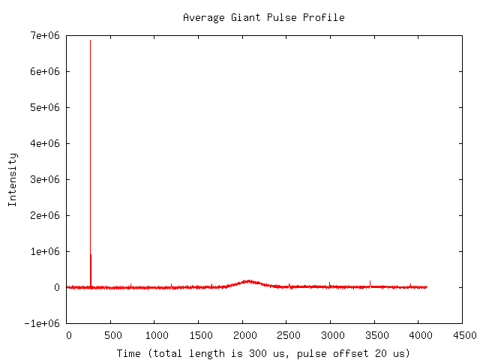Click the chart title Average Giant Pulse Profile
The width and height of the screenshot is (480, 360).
[263, 17]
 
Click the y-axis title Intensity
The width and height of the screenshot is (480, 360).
[13, 179]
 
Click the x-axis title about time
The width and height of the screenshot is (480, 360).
[263, 352]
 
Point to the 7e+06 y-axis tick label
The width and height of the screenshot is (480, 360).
[44, 35]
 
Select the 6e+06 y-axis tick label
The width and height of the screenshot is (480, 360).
[44, 71]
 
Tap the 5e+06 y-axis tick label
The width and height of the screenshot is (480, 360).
[44, 107]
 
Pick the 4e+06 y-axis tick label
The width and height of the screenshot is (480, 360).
[44, 143]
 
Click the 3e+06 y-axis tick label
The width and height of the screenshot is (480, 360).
[44, 179]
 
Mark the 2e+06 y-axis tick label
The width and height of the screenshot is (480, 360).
[44, 215]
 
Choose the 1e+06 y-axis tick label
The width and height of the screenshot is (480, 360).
[44, 251]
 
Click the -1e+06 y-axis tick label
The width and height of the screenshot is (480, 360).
[42, 323]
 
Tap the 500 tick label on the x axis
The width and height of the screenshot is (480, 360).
[112, 334]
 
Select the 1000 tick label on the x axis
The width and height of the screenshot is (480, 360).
[156, 334]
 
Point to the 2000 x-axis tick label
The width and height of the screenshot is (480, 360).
[244, 334]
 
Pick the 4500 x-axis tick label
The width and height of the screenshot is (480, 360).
[462, 334]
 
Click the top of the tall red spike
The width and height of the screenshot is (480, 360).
[91, 40]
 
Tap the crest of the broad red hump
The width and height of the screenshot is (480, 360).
[248, 281]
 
